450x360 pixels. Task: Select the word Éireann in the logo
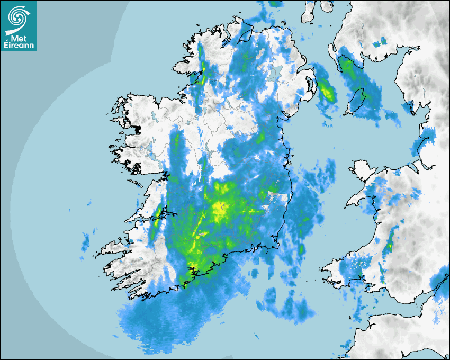tap(19, 46)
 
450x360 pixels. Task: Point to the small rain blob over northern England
tap(380, 42)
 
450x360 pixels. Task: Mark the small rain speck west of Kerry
tap(85, 241)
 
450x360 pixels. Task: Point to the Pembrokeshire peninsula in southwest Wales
tap(339, 270)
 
